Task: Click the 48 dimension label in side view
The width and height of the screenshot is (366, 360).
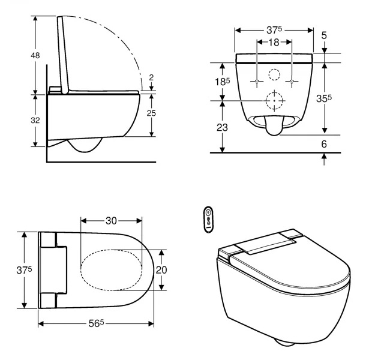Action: pos(35,56)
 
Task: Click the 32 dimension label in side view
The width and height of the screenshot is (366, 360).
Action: pos(35,121)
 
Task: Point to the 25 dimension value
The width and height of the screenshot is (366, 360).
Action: pos(151,113)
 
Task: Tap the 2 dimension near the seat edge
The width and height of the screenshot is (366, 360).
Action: pos(151,77)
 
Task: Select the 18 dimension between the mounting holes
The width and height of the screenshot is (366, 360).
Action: pos(274,42)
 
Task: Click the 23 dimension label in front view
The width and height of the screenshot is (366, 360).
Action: pos(222,127)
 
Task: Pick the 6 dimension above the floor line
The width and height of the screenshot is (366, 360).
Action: pos(324,144)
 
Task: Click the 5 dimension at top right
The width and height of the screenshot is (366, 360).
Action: pos(324,35)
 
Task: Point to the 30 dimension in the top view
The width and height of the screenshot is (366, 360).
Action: pos(111,221)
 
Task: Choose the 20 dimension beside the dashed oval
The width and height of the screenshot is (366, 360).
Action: pos(161,270)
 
